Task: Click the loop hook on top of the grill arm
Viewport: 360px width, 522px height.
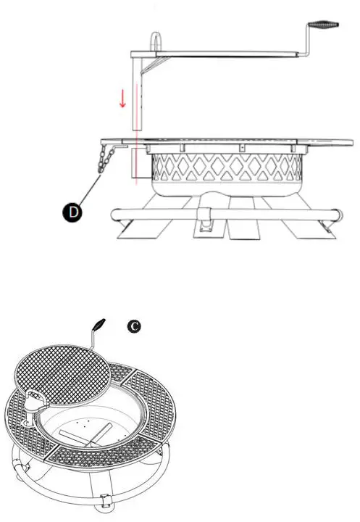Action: click(156, 41)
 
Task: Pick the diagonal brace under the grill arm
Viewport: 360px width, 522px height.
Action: click(152, 66)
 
